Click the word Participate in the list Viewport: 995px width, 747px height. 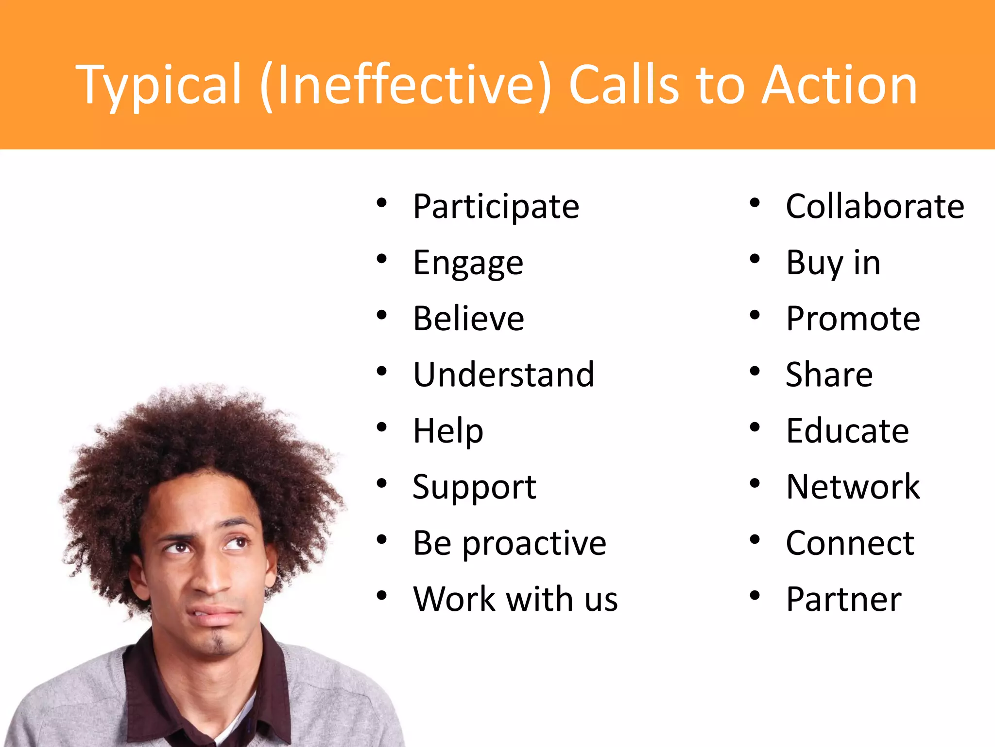coord(496,207)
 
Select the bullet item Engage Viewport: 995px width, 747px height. coord(468,263)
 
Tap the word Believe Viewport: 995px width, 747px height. coord(468,319)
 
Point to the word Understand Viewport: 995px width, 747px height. coord(503,375)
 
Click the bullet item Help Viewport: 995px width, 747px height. coord(448,431)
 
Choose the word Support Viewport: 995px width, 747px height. coord(474,487)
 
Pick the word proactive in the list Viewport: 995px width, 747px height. coord(534,543)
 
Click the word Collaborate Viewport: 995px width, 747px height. coord(875,207)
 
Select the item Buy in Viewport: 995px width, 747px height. coord(833,263)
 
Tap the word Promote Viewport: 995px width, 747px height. coord(853,319)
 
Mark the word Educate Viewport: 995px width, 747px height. coord(847,431)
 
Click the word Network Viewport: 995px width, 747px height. coord(853,487)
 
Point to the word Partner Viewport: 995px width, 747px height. coord(843,599)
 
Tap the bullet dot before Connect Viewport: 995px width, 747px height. coord(754,540)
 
